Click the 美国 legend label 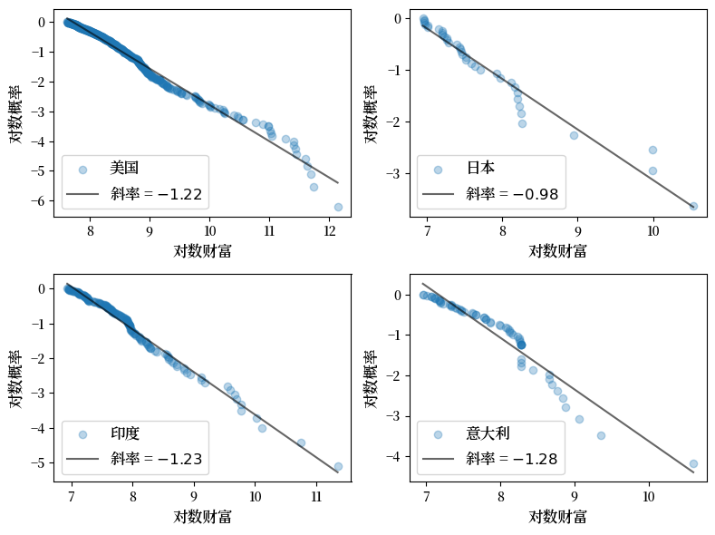(124, 169)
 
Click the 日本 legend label (480, 169)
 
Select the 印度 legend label (124, 434)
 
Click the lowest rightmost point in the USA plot (338, 207)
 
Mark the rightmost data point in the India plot (338, 467)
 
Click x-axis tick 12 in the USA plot (329, 229)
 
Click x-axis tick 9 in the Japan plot (577, 229)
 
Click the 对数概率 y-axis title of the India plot (16, 378)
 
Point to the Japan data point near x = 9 (574, 135)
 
